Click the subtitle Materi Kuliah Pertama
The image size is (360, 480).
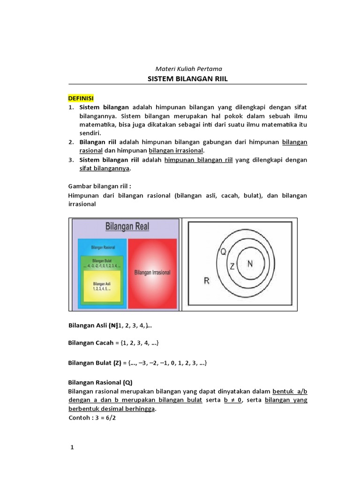point(187,68)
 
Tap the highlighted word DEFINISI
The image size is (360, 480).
point(82,98)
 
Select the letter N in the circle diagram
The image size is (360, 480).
point(249,264)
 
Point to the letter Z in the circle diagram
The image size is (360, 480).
point(231,266)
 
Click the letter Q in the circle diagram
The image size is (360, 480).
point(223,251)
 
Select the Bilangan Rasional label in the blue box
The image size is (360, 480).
point(103,247)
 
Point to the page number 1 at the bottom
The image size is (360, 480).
point(72,448)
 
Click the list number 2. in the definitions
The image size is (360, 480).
point(72,142)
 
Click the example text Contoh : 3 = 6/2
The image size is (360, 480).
point(92,417)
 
